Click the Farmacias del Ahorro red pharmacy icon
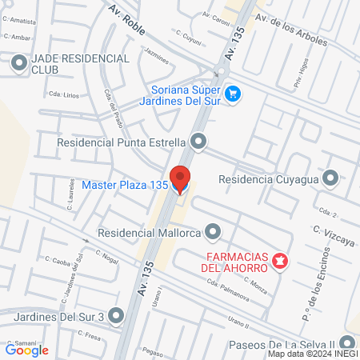(279, 261)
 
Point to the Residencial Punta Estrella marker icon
(198, 142)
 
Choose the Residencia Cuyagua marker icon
(329, 178)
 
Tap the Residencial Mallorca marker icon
(212, 233)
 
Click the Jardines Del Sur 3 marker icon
(117, 316)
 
